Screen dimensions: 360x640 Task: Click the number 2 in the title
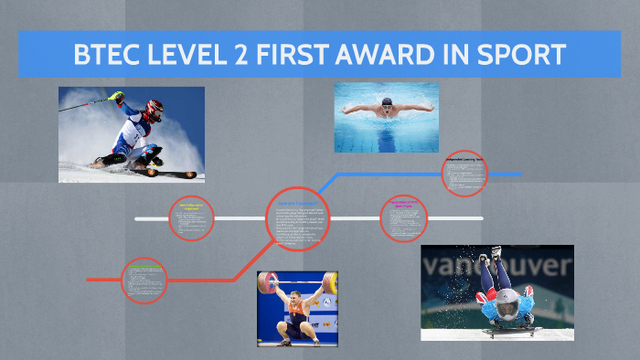(246, 54)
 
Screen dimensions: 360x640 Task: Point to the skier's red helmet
(154, 110)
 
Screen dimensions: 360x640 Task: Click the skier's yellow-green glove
(115, 96)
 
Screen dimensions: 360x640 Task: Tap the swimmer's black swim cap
(387, 101)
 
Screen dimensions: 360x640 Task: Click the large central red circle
(298, 219)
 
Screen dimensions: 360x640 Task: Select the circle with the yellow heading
(191, 218)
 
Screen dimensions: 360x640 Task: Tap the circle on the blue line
(464, 173)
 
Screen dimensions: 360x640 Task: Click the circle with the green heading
(144, 280)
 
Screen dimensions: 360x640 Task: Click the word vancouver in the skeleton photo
(498, 267)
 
